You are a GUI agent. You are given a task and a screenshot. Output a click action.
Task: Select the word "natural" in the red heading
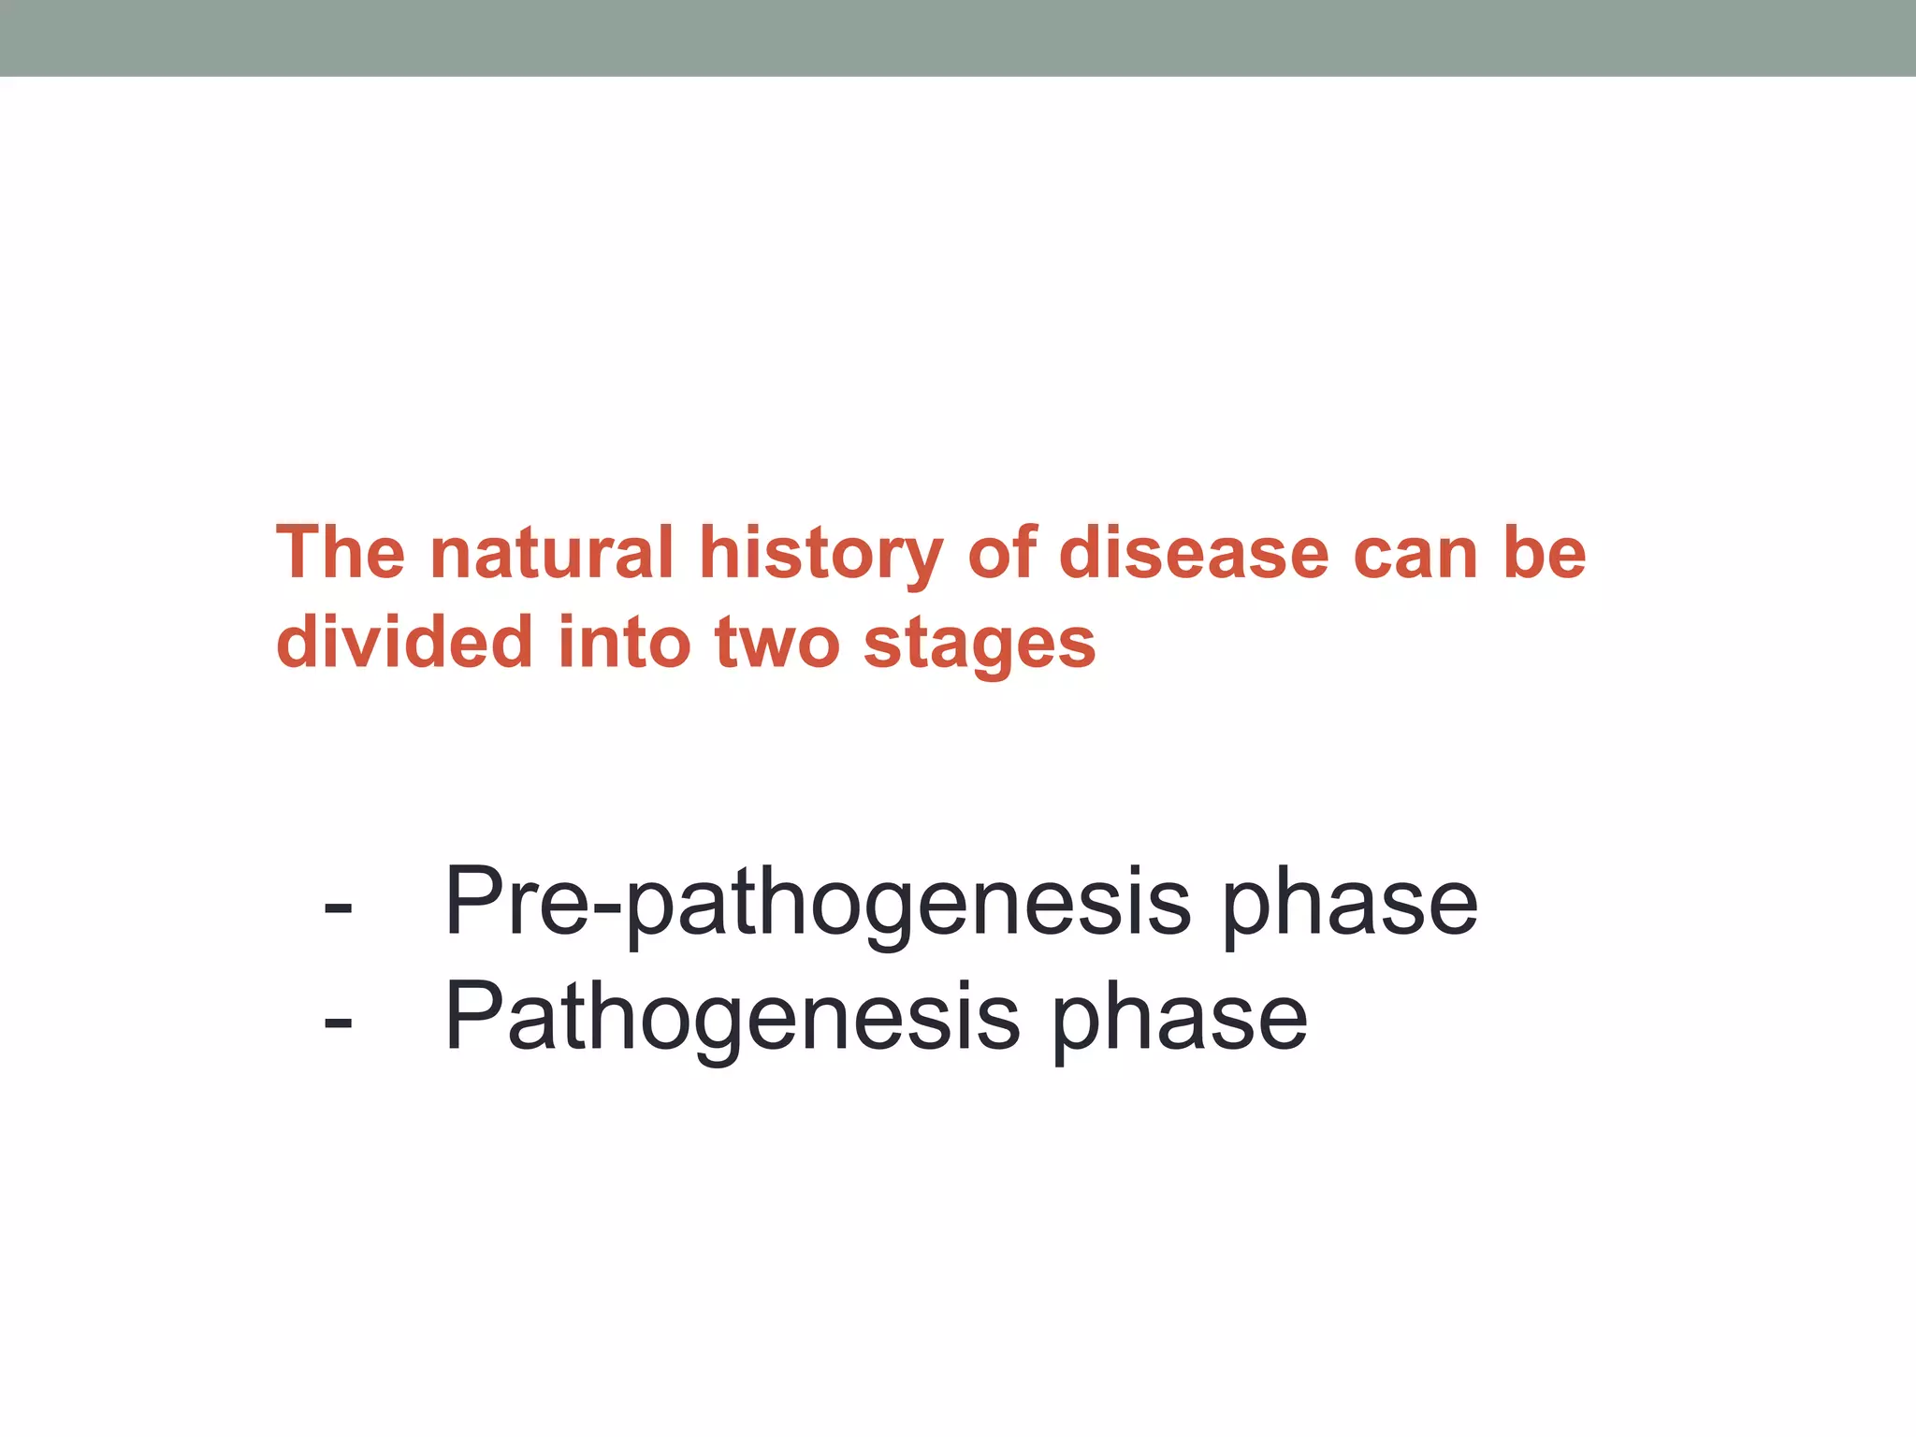click(551, 553)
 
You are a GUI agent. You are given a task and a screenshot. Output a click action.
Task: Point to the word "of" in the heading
click(1002, 553)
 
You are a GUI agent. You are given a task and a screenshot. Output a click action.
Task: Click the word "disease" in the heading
click(1193, 553)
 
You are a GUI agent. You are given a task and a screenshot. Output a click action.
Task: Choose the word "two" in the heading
click(777, 644)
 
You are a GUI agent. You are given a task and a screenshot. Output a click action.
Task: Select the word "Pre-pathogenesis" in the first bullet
click(817, 903)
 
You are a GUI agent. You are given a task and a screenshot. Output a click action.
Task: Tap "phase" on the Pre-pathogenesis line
click(1350, 903)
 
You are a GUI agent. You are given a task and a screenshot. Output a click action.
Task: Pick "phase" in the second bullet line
click(1180, 1019)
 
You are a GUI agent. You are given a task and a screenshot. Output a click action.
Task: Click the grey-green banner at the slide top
click(958, 37)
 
